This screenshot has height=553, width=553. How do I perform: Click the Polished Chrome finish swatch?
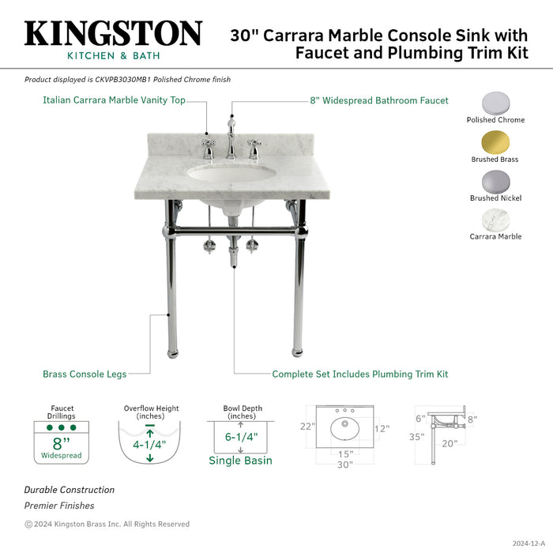(495, 103)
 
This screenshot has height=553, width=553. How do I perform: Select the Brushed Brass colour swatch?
(495, 142)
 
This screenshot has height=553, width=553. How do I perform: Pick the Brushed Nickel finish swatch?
(495, 181)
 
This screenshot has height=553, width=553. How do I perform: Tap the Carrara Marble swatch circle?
(495, 220)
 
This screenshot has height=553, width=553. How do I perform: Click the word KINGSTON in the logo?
(113, 34)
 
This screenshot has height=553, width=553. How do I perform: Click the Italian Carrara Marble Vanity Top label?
(114, 100)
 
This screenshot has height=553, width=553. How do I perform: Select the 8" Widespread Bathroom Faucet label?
(378, 100)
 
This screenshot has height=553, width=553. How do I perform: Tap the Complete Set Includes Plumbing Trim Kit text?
(360, 374)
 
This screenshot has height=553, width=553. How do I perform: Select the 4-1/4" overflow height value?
(149, 444)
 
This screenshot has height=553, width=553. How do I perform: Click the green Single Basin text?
(240, 461)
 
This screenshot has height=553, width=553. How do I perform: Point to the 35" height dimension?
(418, 435)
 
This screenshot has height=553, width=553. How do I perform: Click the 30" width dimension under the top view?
(344, 465)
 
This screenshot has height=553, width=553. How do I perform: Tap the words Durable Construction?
(69, 490)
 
